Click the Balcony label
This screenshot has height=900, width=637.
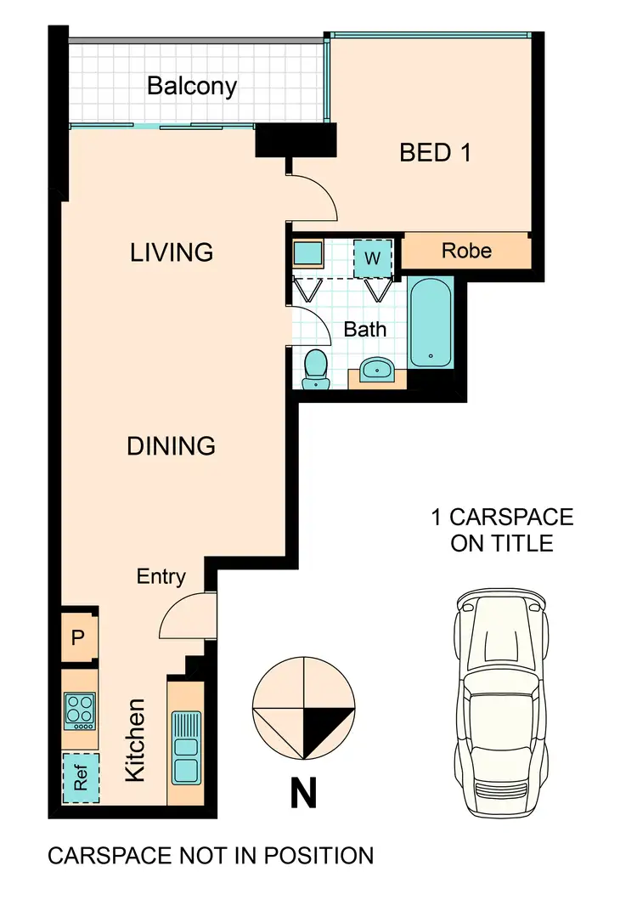pyautogui.click(x=192, y=86)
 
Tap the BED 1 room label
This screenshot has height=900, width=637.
pyautogui.click(x=435, y=153)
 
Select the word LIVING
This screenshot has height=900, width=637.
pyautogui.click(x=172, y=252)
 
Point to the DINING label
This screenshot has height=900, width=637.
pyautogui.click(x=171, y=446)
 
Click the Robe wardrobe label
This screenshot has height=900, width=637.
pyautogui.click(x=466, y=250)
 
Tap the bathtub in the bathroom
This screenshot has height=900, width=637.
pyautogui.click(x=431, y=323)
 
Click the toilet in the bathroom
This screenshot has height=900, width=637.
pyautogui.click(x=315, y=370)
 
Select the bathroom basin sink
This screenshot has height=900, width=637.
pyautogui.click(x=377, y=368)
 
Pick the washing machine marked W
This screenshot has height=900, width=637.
pyautogui.click(x=373, y=258)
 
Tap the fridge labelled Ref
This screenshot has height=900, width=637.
pyautogui.click(x=81, y=778)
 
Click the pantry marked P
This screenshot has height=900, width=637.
pyautogui.click(x=79, y=637)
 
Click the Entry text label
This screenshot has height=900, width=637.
pyautogui.click(x=161, y=576)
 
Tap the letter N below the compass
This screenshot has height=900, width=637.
pyautogui.click(x=303, y=793)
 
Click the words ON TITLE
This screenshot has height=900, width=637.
pyautogui.click(x=502, y=544)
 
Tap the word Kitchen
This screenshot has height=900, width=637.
pyautogui.click(x=135, y=740)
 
